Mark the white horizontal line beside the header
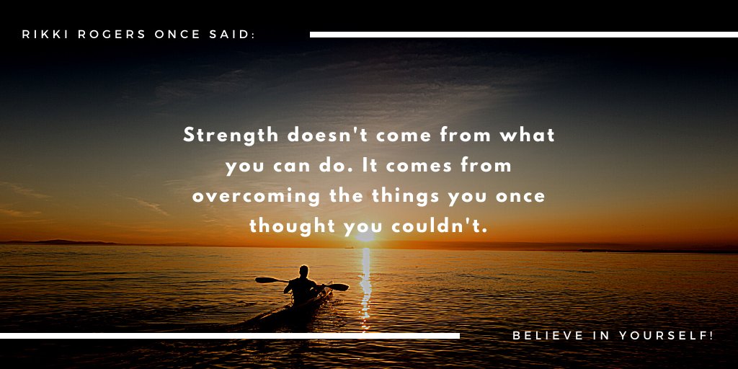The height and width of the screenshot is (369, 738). click(523, 35)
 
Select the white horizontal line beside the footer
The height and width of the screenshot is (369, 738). click(229, 336)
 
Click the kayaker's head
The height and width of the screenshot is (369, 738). click(303, 272)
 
